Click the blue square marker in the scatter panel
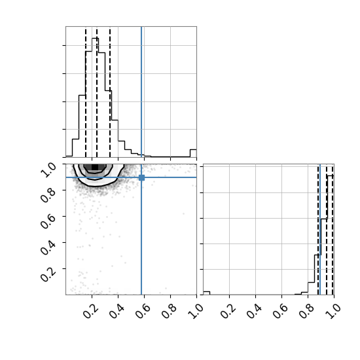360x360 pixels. [141, 177]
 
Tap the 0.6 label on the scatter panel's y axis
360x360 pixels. [48, 221]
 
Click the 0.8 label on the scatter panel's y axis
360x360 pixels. [48, 194]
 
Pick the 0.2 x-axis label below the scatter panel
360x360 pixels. [90, 312]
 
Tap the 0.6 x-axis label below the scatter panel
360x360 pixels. [143, 312]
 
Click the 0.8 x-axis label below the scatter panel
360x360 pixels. [169, 312]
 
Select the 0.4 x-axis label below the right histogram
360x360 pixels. [254, 312]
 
